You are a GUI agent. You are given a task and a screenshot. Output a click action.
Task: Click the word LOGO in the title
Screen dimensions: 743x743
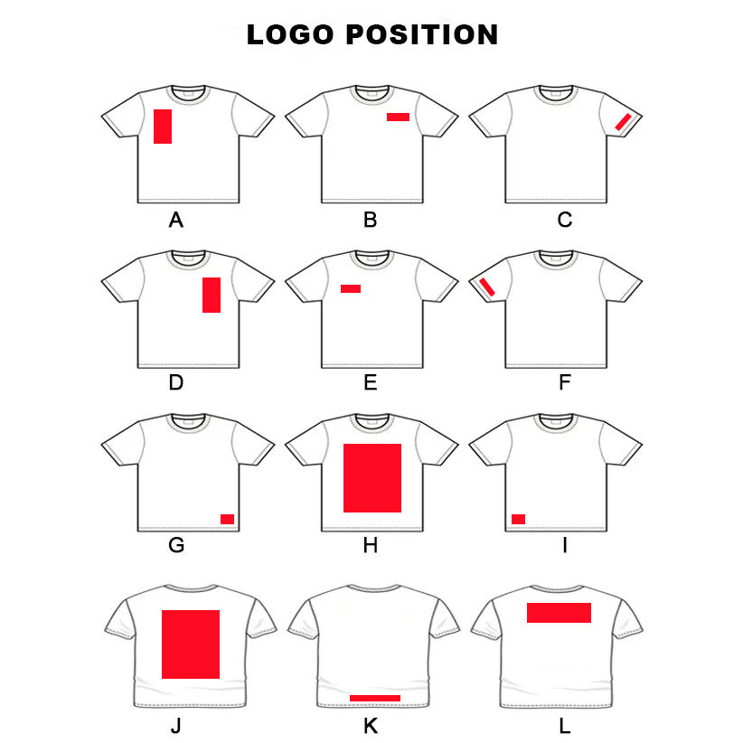click(291, 35)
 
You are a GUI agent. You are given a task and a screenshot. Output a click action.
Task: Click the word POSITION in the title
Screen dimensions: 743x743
click(422, 35)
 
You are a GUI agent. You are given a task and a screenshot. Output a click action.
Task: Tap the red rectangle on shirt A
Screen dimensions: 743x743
click(163, 126)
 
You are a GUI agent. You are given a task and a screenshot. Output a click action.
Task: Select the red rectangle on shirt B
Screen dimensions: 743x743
click(398, 117)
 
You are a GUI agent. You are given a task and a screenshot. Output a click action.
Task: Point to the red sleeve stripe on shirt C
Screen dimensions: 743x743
click(624, 121)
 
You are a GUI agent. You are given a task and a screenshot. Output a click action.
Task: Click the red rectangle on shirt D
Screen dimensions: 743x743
click(212, 295)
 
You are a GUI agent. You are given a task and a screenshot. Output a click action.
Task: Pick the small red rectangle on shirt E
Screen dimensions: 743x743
click(351, 288)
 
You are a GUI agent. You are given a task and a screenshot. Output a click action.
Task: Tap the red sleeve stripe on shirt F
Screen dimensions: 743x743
click(486, 287)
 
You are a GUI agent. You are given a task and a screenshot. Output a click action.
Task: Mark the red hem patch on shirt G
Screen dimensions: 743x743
click(228, 518)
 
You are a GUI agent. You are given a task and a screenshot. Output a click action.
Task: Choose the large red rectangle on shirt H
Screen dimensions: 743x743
click(371, 478)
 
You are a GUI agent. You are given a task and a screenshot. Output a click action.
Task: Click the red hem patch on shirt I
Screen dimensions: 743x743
click(518, 519)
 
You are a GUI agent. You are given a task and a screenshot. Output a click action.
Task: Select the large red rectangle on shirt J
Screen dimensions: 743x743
click(191, 644)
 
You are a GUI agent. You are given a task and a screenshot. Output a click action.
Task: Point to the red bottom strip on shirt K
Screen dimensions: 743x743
click(374, 698)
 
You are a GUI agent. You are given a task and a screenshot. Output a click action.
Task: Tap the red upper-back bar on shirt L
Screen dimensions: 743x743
click(559, 613)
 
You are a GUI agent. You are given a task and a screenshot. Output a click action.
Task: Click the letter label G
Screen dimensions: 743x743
click(176, 545)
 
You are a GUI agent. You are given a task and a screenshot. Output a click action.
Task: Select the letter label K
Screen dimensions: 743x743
click(370, 726)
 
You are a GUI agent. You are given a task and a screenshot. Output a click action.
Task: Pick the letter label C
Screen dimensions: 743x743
click(565, 219)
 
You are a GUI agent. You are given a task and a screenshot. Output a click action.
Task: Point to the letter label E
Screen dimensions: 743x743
click(370, 382)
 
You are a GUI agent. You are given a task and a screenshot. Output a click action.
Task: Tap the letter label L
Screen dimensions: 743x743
click(565, 726)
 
